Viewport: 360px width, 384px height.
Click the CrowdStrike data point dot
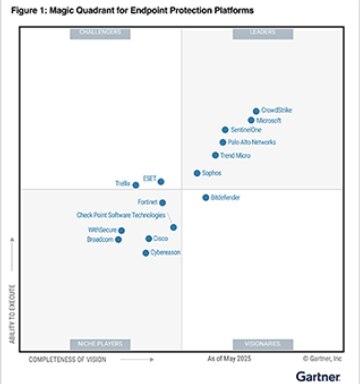[x=256, y=111]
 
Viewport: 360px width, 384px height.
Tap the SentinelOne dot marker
[x=225, y=130]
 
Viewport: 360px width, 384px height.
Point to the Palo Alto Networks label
[x=252, y=142]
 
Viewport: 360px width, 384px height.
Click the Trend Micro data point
[x=215, y=155]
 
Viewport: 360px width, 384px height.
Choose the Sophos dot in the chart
[x=197, y=173]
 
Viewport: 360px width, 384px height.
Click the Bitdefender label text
[x=226, y=197]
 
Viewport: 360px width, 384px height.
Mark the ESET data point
[x=161, y=181]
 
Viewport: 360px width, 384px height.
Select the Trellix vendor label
[x=122, y=184]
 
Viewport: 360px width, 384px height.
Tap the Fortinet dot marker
[x=162, y=203]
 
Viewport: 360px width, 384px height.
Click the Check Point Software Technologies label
[x=121, y=215]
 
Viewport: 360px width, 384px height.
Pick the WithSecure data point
[x=121, y=230]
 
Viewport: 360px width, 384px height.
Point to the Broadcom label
[x=100, y=240]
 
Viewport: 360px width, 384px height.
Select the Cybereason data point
[x=146, y=253]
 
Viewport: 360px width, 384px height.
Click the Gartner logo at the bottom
[x=318, y=375]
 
